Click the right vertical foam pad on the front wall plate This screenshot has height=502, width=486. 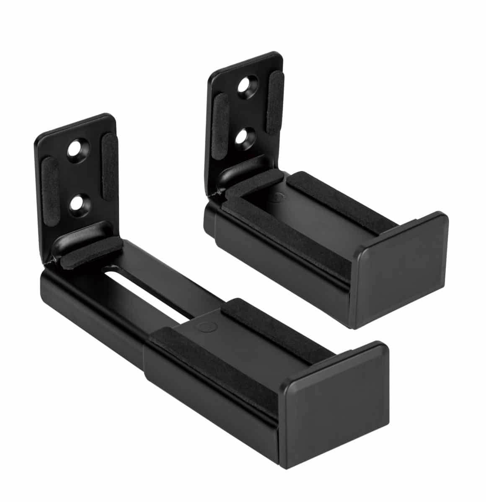click(x=110, y=164)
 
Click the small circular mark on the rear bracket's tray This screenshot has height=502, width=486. click(x=279, y=195)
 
